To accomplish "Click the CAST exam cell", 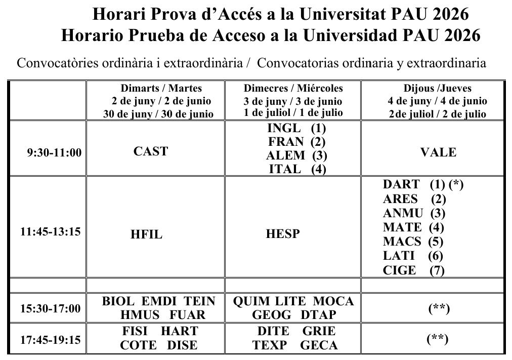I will pos(151,151).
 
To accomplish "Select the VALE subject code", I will pos(438,152).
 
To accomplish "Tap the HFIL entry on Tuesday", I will pos(150,234).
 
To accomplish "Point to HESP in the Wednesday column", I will pos(282,234).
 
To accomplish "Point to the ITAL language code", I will pos(285,169).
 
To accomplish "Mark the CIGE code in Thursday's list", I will pos(400,270).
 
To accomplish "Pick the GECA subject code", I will pos(319,345).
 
